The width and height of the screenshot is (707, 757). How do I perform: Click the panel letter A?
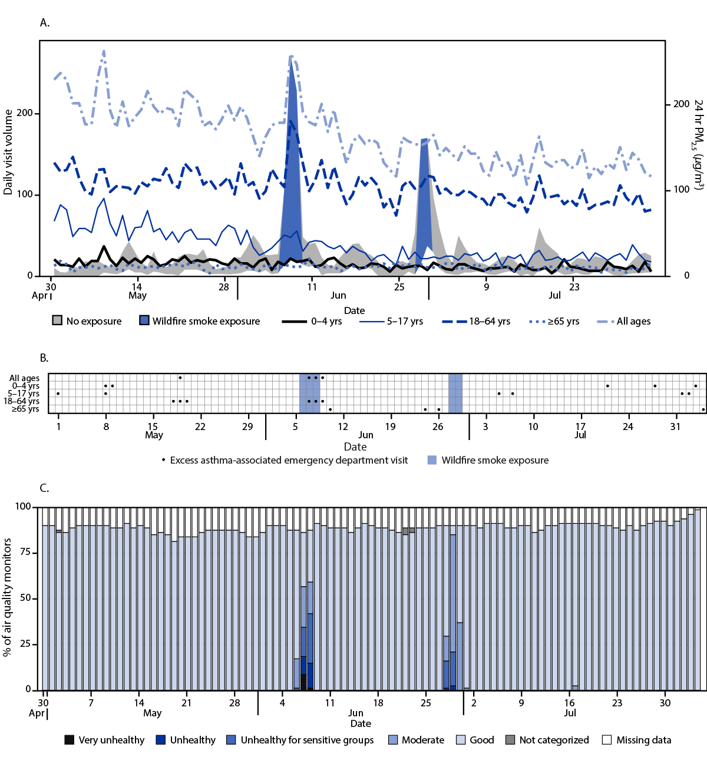point(44,23)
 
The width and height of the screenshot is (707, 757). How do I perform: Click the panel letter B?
point(44,358)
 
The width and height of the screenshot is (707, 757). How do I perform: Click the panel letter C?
point(44,488)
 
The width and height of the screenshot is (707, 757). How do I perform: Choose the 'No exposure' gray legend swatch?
point(57,321)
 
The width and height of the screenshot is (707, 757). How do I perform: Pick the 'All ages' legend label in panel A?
point(633,322)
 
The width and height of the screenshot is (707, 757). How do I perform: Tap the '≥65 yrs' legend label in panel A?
point(563,322)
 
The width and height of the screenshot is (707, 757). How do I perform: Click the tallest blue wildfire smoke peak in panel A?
point(291,65)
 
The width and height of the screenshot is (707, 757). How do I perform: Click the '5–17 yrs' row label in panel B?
point(24,394)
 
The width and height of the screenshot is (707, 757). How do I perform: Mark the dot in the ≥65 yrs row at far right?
point(703,409)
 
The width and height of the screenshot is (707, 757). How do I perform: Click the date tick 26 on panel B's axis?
point(438,427)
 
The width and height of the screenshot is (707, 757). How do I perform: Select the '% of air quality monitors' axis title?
point(8,597)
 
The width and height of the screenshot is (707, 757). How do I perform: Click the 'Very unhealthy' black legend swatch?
point(69,740)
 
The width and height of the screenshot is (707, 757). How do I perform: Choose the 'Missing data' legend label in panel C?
point(643,740)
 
